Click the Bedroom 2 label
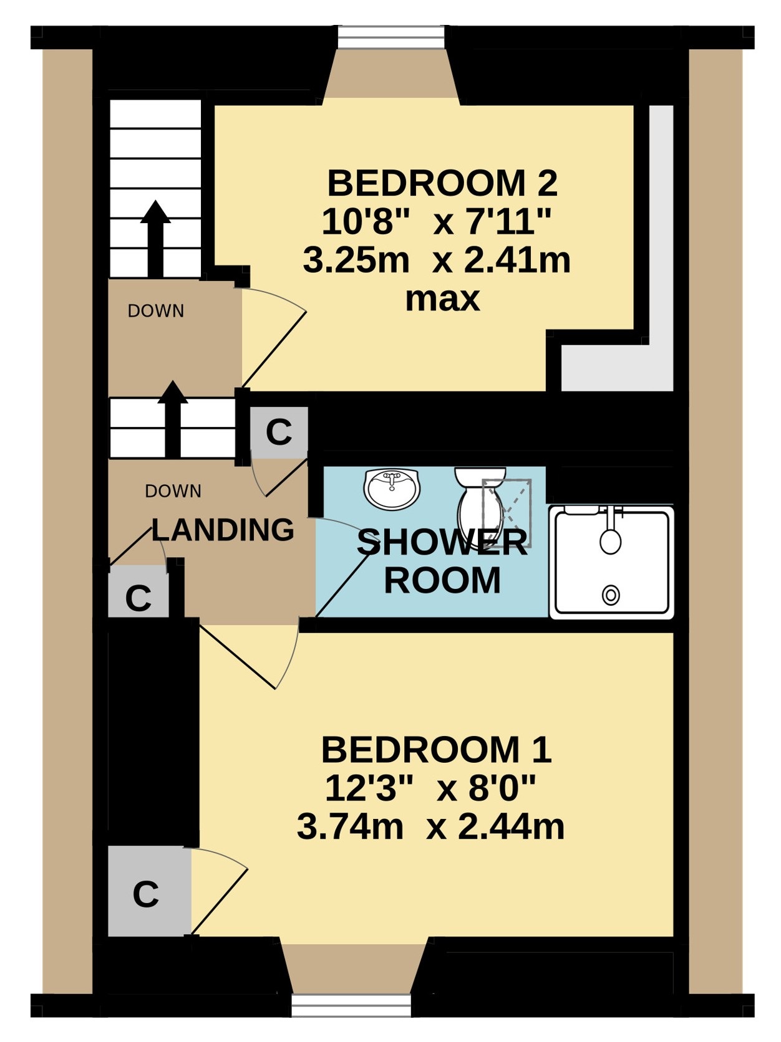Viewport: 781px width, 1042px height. [442, 184]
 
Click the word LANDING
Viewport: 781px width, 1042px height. [223, 530]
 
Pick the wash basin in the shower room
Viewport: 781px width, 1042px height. [392, 489]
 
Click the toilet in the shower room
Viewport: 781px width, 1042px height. [480, 507]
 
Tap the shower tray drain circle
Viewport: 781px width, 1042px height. [611, 595]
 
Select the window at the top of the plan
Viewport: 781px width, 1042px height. [391, 37]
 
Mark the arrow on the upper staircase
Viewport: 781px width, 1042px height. [155, 239]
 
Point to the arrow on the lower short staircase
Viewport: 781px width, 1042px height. [172, 419]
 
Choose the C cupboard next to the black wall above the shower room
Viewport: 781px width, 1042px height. [279, 432]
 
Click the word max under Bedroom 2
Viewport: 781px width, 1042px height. [442, 300]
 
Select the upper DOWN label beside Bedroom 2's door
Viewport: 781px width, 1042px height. [156, 311]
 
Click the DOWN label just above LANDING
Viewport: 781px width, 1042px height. [173, 491]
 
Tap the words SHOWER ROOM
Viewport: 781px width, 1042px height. [442, 562]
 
